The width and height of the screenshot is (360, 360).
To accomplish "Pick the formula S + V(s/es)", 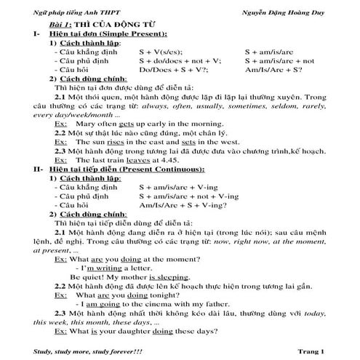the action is tap(161, 52).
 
